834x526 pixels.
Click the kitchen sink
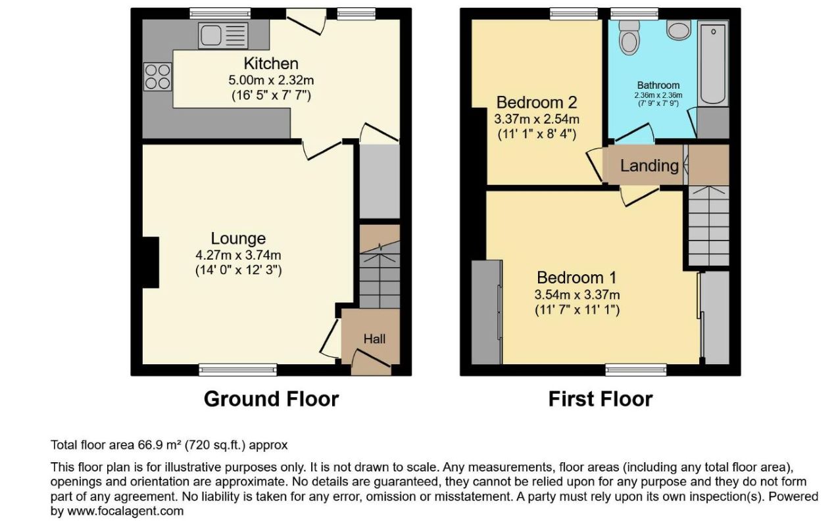pyautogui.click(x=223, y=36)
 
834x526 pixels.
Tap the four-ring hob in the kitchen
pyautogui.click(x=157, y=77)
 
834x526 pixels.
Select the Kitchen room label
pyautogui.click(x=271, y=64)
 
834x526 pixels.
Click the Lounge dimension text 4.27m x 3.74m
pyautogui.click(x=238, y=255)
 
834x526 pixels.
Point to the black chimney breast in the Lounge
pyautogui.click(x=151, y=262)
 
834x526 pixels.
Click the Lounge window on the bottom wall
pyautogui.click(x=238, y=370)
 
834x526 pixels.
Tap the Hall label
pyautogui.click(x=374, y=339)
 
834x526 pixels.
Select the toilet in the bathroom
pyautogui.click(x=629, y=37)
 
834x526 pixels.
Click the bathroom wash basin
pyautogui.click(x=679, y=30)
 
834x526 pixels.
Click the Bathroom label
pyautogui.click(x=658, y=85)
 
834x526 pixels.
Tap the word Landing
pyautogui.click(x=649, y=166)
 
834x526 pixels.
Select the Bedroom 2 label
pyautogui.click(x=537, y=103)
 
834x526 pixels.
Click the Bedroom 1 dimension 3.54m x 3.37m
pyautogui.click(x=577, y=295)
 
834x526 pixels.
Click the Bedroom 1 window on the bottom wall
pyautogui.click(x=636, y=370)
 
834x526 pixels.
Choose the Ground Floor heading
pyautogui.click(x=271, y=399)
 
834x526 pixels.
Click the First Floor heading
pyautogui.click(x=601, y=399)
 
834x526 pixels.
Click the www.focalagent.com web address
pyautogui.click(x=125, y=511)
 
